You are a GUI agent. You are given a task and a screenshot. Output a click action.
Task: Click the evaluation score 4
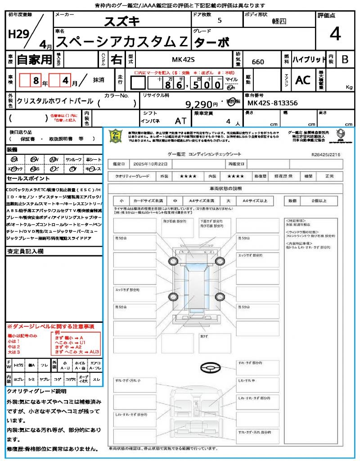[x=335, y=34]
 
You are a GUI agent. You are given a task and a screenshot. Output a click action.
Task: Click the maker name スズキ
[x=122, y=21]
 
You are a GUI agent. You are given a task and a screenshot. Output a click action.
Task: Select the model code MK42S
[x=183, y=59]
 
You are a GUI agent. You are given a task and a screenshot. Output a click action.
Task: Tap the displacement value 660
[x=258, y=62]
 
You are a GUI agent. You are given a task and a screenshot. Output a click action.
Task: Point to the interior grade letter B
[x=345, y=59]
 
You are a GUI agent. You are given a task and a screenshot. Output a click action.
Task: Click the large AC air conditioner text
[x=303, y=80]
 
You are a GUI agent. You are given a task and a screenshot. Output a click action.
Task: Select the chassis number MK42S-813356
[x=273, y=103]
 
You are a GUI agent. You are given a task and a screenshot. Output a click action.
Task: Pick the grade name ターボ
[x=211, y=42]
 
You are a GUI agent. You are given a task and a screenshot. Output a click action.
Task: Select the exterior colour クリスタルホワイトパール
[x=55, y=101]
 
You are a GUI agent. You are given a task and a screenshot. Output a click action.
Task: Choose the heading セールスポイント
[x=25, y=178]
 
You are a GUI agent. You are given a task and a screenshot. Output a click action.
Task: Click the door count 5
[x=219, y=20]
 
